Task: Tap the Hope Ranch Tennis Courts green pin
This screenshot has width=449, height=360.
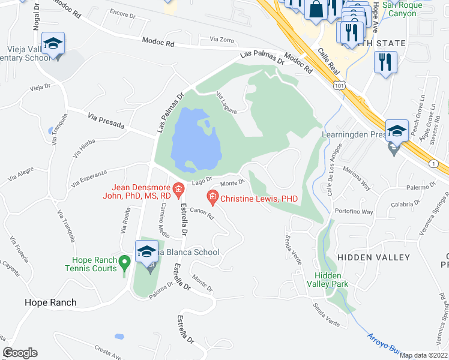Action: click(x=124, y=262)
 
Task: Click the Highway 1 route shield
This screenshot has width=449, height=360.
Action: click(x=434, y=164)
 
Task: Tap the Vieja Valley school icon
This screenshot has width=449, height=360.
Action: click(x=53, y=44)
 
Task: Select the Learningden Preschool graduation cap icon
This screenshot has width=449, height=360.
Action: click(x=396, y=131)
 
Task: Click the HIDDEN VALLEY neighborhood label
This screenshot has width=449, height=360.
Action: click(x=373, y=257)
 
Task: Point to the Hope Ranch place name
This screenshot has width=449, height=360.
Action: click(x=50, y=302)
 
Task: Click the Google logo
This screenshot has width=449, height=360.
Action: click(x=20, y=353)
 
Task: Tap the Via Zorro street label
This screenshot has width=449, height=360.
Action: click(x=221, y=39)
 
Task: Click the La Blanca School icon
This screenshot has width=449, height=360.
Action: click(x=146, y=252)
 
